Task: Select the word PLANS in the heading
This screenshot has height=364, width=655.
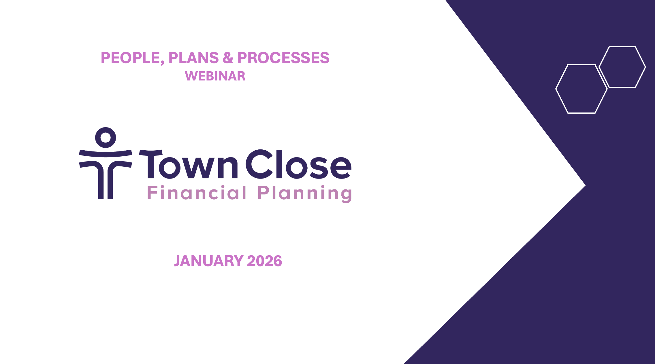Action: click(x=193, y=58)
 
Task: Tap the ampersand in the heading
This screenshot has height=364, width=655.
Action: click(x=228, y=58)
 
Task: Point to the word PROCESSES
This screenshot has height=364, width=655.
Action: click(x=283, y=58)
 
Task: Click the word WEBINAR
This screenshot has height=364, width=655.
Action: click(x=215, y=76)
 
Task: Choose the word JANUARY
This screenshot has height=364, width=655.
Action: click(x=209, y=261)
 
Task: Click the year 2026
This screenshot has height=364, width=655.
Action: click(x=264, y=261)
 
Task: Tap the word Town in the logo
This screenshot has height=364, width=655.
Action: click(x=189, y=164)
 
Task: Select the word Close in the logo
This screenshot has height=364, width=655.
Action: click(x=298, y=164)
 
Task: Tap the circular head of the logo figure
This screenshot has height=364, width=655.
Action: click(x=106, y=137)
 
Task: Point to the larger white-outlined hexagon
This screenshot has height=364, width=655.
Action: click(x=581, y=89)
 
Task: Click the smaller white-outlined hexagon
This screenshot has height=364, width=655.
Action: click(x=622, y=67)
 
